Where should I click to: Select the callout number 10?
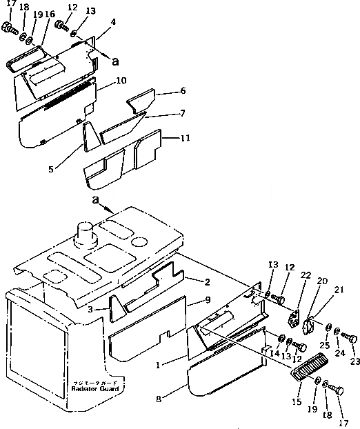(121, 81)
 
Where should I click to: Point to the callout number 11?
(185, 138)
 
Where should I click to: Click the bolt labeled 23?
(351, 337)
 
